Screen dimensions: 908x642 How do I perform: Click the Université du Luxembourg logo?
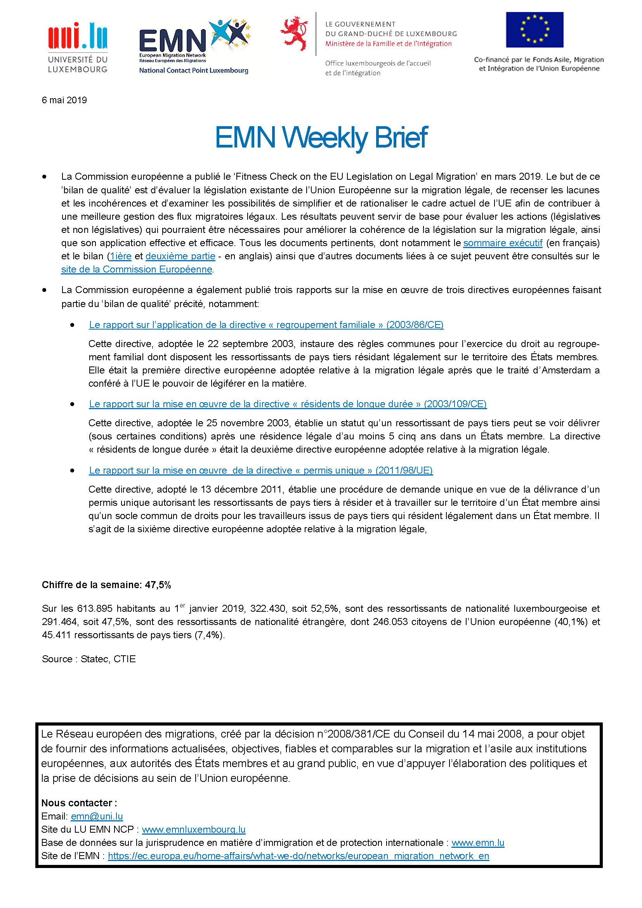78,47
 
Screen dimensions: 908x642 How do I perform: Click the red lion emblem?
294,33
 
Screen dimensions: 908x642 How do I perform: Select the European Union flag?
534,30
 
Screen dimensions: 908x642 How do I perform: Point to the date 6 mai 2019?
64,100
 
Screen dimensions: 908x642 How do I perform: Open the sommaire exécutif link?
502,243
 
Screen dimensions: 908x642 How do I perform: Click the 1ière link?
121,256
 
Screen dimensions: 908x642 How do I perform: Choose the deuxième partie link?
180,256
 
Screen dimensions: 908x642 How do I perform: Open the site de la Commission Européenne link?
136,269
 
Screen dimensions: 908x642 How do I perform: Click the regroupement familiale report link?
266,325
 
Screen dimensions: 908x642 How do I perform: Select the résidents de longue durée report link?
287,404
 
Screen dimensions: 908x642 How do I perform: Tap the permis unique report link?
260,470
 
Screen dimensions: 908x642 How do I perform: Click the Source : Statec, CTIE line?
88,659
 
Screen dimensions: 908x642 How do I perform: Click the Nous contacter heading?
79,803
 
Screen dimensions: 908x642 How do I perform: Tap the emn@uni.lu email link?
97,816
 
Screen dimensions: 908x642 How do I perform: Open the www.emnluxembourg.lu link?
193,829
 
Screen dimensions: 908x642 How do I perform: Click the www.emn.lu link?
477,843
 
